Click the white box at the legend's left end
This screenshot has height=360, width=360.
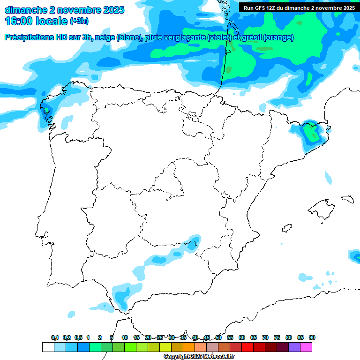48,347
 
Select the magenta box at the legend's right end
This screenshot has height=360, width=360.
306,347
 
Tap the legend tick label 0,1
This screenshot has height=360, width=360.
55,337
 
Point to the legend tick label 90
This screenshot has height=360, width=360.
312,337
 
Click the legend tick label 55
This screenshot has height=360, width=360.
230,337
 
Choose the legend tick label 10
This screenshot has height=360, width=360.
125,337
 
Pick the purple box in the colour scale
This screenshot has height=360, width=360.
294,347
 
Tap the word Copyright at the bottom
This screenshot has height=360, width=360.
176,357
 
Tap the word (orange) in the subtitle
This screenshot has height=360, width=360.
278,37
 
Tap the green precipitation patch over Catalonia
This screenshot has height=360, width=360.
310,133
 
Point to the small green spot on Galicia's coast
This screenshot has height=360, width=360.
46,110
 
